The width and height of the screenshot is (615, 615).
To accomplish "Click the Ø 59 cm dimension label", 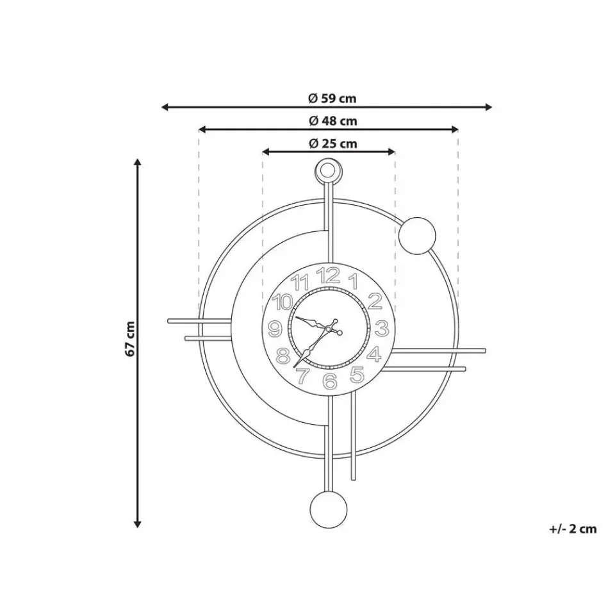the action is pos(332,98).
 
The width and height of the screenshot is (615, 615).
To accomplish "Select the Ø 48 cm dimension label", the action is pos(333,121).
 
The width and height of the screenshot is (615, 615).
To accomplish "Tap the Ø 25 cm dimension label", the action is pos(333,143).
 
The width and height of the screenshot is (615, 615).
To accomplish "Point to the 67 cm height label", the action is pos(130,339).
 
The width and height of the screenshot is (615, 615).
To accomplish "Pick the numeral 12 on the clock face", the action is pos(328,275).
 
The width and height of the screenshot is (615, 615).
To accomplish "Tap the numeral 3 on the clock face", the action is pos(381,328).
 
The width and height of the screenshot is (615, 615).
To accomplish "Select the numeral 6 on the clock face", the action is pos(331,381).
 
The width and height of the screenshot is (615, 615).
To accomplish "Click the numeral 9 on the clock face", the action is pos(275,329).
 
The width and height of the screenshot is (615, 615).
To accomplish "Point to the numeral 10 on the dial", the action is pos(283,302).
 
